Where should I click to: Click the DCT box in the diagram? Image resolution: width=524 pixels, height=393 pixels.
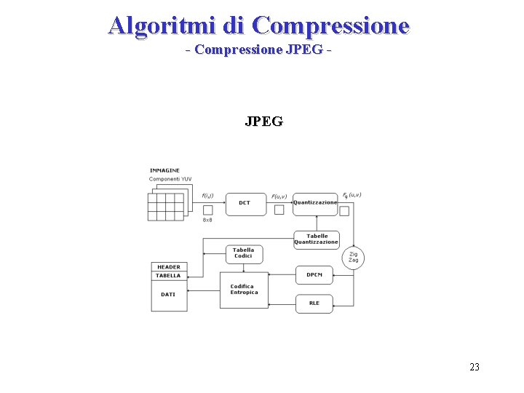[245, 203]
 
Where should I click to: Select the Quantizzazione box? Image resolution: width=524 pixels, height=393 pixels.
[315, 203]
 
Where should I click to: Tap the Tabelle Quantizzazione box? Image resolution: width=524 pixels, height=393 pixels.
[317, 239]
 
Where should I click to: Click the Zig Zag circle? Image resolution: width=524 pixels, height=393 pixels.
[353, 258]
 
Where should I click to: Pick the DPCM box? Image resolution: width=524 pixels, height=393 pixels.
[314, 275]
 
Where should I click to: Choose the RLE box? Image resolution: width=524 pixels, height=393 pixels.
[314, 303]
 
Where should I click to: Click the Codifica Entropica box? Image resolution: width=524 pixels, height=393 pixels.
[244, 290]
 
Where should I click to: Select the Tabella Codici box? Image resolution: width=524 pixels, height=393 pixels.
[244, 253]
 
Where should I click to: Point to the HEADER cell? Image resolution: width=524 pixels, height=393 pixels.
[169, 267]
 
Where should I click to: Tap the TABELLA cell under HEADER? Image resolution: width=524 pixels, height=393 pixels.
[169, 276]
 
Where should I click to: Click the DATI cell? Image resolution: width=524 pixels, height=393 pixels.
[169, 295]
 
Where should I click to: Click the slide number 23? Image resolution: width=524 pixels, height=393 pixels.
[475, 367]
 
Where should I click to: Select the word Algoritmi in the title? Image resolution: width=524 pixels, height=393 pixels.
[162, 25]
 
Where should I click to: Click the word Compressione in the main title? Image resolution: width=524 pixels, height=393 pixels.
[332, 25]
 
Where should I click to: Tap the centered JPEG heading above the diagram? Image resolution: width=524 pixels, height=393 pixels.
[263, 122]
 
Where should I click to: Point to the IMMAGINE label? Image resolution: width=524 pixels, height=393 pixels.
[164, 171]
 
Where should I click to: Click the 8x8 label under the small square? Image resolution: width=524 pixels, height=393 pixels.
[207, 220]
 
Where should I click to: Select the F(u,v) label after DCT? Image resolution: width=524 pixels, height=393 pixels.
[279, 196]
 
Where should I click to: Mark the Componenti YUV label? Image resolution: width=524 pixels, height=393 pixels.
[170, 179]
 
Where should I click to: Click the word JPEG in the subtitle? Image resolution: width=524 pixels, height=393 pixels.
[306, 50]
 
